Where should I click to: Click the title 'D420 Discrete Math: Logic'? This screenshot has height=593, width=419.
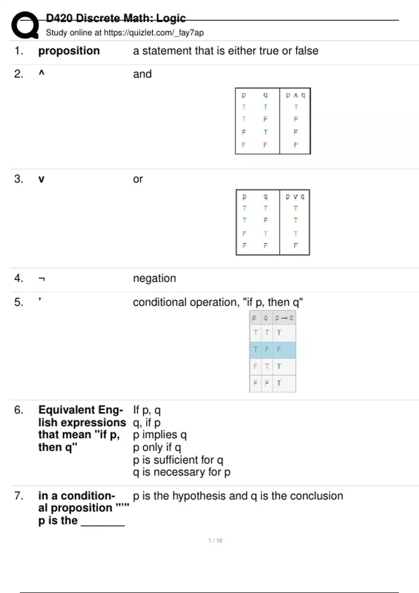pyautogui.click(x=116, y=18)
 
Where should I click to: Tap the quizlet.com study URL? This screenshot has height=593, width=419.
pyautogui.click(x=154, y=33)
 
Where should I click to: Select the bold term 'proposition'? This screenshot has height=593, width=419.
pyautogui.click(x=69, y=51)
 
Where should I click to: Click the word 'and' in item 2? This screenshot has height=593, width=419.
pyautogui.click(x=142, y=74)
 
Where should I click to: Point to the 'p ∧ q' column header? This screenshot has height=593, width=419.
pyautogui.click(x=295, y=95)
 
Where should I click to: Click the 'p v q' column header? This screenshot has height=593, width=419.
pyautogui.click(x=295, y=197)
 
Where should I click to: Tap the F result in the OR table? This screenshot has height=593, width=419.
pyautogui.click(x=295, y=246)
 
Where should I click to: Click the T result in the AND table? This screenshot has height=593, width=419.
pyautogui.click(x=296, y=107)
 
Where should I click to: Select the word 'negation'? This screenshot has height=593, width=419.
pyautogui.click(x=154, y=278)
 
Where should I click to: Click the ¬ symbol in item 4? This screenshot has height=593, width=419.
pyautogui.click(x=42, y=279)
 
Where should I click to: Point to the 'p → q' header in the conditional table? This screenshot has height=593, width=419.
pyautogui.click(x=284, y=318)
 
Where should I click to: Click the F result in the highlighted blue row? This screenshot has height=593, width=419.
pyautogui.click(x=279, y=350)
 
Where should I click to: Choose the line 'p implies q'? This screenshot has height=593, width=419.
pyautogui.click(x=160, y=435)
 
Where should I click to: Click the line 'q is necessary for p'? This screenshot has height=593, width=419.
pyautogui.click(x=182, y=472)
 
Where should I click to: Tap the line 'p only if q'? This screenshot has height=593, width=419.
pyautogui.click(x=157, y=447)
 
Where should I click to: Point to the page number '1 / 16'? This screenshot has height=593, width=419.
pyautogui.click(x=215, y=540)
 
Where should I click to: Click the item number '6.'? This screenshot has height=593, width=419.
pyautogui.click(x=19, y=410)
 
